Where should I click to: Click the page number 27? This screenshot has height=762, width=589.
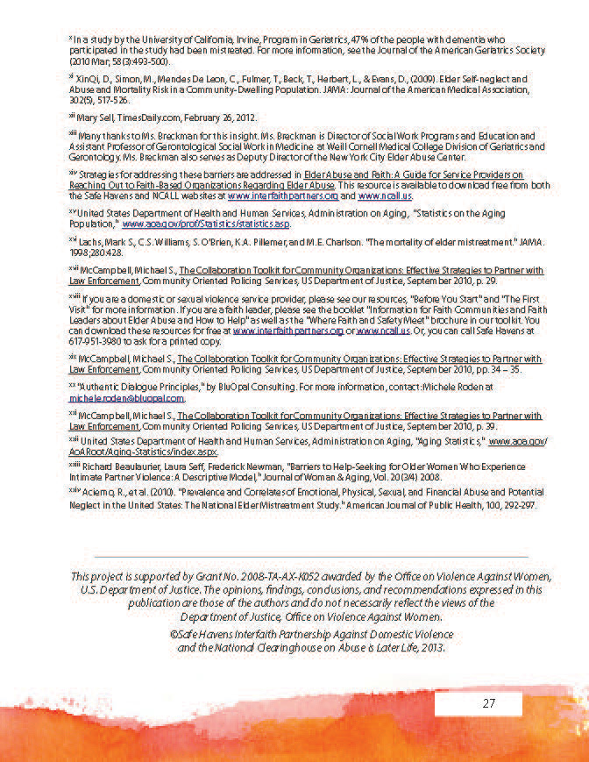click(x=487, y=704)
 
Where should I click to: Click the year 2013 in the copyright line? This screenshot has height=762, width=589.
click(x=433, y=649)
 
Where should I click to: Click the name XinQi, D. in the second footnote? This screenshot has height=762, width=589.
click(x=96, y=79)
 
